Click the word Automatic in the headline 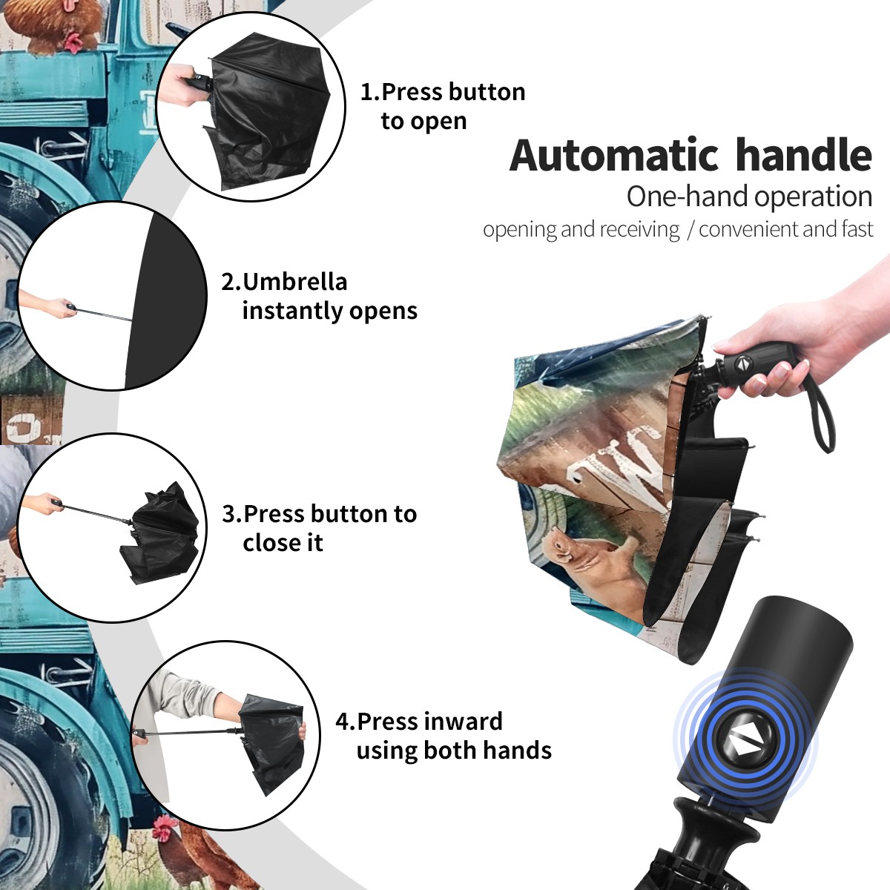[x=614, y=155]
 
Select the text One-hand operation [x=749, y=197]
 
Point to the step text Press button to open [x=443, y=106]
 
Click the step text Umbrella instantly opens [x=319, y=296]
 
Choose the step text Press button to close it [x=319, y=528]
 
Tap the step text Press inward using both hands [x=444, y=736]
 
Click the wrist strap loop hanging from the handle [x=821, y=415]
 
